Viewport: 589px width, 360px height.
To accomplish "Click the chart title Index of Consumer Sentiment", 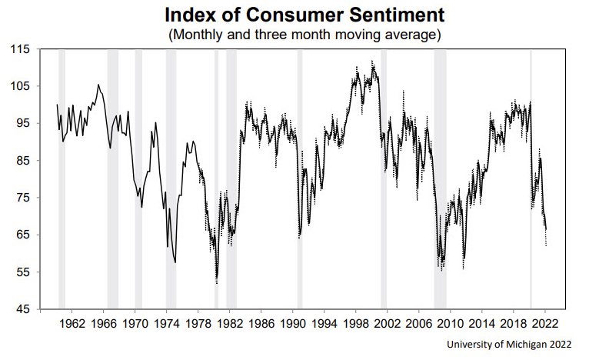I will coord(294,14).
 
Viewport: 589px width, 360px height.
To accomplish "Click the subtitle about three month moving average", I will coord(294,34).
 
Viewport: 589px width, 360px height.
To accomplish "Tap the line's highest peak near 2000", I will coord(373,62).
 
